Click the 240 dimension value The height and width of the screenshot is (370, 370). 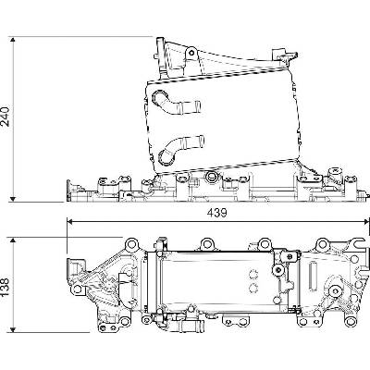(6, 117)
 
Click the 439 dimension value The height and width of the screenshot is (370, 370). (216, 213)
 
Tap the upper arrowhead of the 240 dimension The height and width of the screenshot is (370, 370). (13, 41)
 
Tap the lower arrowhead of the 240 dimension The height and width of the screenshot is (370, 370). (13, 198)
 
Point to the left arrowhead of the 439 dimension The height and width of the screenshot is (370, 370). (71, 221)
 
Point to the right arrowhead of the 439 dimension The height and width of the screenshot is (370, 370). (365, 221)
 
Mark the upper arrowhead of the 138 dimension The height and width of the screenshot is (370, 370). (13, 241)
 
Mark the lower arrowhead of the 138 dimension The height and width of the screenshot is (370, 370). (13, 328)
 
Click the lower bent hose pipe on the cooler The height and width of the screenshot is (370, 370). (179, 149)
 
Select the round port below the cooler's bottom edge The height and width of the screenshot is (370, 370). (212, 177)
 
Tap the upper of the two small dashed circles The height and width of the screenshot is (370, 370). (253, 274)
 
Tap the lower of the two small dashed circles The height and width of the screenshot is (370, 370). (253, 288)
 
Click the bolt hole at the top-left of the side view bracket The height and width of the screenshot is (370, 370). (191, 53)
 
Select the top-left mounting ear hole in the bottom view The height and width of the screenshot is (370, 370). (131, 244)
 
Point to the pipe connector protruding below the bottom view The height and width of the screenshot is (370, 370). (191, 324)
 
